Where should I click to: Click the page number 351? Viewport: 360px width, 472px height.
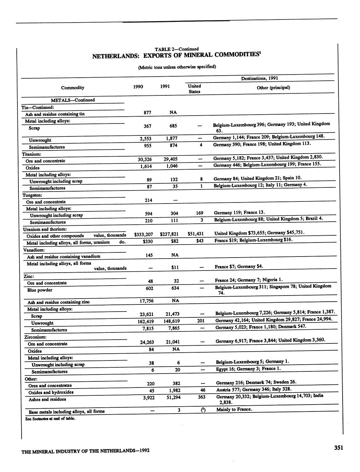click(338, 448)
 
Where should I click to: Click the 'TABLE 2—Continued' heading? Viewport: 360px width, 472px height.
click(176, 49)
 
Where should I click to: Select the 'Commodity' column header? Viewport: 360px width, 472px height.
click(72, 88)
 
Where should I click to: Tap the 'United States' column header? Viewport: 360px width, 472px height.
click(194, 89)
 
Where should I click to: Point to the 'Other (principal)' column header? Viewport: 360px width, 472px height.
click(273, 88)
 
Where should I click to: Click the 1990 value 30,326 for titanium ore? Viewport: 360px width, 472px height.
click(145, 159)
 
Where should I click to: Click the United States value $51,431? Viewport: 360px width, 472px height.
click(196, 234)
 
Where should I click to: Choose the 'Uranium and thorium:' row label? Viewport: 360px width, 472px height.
click(45, 229)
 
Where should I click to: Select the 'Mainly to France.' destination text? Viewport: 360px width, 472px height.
click(234, 409)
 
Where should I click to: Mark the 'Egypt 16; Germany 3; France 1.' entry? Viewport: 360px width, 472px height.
click(248, 369)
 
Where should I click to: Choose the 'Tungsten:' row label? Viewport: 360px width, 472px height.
click(32, 195)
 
